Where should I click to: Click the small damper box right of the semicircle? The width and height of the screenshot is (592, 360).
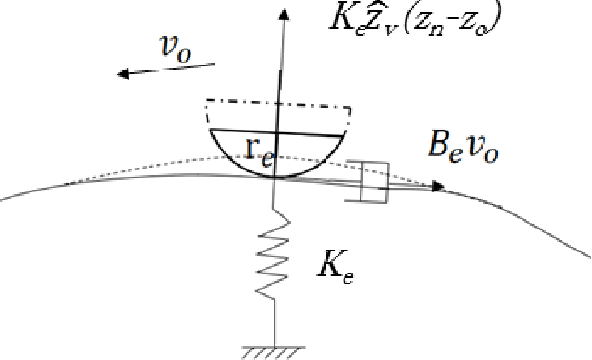(x=374, y=180)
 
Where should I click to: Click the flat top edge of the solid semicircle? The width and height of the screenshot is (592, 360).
(x=276, y=132)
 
